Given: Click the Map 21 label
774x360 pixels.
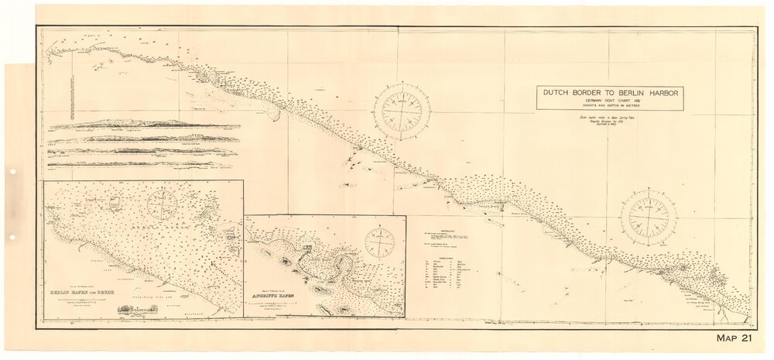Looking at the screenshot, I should click(735, 338).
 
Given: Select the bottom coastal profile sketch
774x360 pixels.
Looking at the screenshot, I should click(143, 163).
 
